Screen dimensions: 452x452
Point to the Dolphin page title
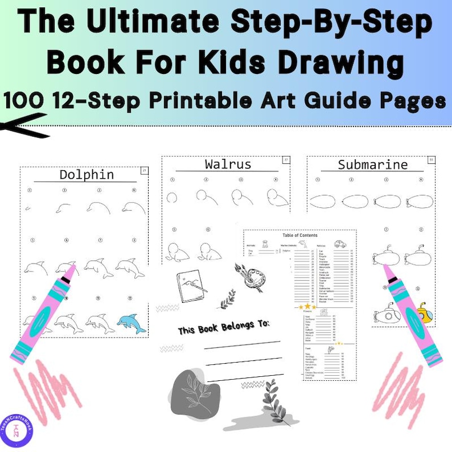pyautogui.click(x=87, y=175)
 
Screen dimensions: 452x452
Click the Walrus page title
pyautogui.click(x=228, y=165)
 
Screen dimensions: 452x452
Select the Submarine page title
pyautogui.click(x=372, y=165)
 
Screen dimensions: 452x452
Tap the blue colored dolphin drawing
pyautogui.click(x=132, y=324)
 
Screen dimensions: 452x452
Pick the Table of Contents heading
pyautogui.click(x=300, y=235)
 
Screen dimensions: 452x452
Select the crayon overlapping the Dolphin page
pyautogui.click(x=44, y=314)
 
